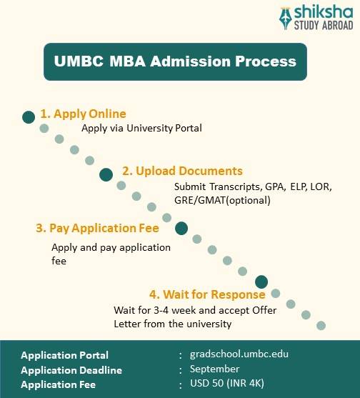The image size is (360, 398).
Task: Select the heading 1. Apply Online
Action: pyautogui.click(x=83, y=114)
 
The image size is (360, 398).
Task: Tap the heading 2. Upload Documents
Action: pyautogui.click(x=182, y=171)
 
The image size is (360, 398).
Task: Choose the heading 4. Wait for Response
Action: pyautogui.click(x=207, y=294)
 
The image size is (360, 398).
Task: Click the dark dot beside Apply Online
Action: pyautogui.click(x=29, y=116)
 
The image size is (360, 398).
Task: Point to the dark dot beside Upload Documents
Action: pyautogui.click(x=106, y=174)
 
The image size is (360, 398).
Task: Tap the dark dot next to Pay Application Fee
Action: pyautogui.click(x=181, y=229)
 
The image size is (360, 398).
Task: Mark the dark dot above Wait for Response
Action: pyautogui.click(x=261, y=282)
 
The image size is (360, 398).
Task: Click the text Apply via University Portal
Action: pyautogui.click(x=141, y=129)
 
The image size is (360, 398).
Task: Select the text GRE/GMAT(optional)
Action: pyautogui.click(x=222, y=200)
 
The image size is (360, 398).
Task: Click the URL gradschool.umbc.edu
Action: pyautogui.click(x=239, y=354)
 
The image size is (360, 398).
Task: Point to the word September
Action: pyautogui.click(x=214, y=369)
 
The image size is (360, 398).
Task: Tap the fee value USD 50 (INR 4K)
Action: pyautogui.click(x=226, y=384)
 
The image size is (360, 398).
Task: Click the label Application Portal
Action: pyautogui.click(x=65, y=355)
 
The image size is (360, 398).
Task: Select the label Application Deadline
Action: pyautogui.click(x=71, y=370)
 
